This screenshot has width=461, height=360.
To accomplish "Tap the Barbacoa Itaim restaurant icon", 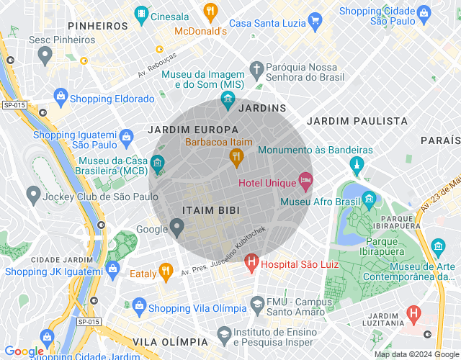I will pyautogui.click(x=235, y=156).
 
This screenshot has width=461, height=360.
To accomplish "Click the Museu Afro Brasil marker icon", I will pyautogui.click(x=369, y=197).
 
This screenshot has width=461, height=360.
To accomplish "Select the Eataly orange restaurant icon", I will pyautogui.click(x=166, y=272).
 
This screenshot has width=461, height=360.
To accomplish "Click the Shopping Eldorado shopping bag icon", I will pyautogui.click(x=61, y=96).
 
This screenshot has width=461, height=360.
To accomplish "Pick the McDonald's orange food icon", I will pyautogui.click(x=210, y=11).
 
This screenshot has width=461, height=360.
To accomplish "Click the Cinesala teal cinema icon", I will pyautogui.click(x=142, y=14).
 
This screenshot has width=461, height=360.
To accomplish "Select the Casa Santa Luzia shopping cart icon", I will pyautogui.click(x=313, y=19).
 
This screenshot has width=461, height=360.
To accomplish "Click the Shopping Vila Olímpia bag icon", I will pyautogui.click(x=138, y=307).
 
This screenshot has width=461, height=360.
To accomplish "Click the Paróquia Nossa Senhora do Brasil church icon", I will pyautogui.click(x=256, y=68).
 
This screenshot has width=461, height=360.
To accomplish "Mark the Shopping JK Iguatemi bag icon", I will pyautogui.click(x=112, y=269).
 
